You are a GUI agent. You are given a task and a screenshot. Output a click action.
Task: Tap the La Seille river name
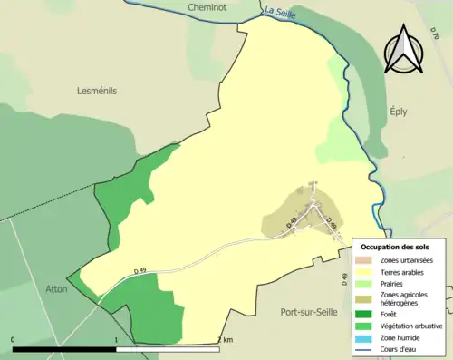278,13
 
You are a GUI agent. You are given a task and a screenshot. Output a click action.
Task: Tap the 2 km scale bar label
226,339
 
